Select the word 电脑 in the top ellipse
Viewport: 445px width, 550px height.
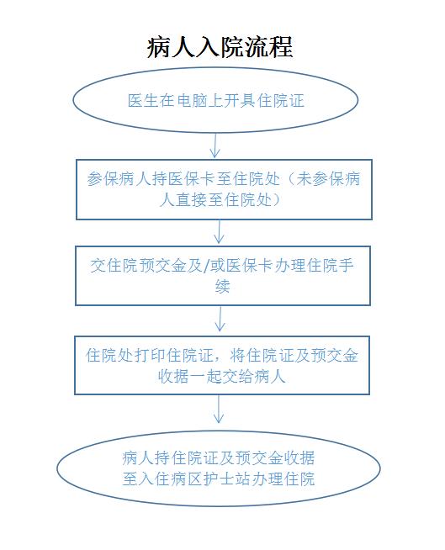[192, 101]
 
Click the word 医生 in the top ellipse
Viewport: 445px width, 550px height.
[143, 101]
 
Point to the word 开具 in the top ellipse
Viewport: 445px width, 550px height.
[240, 101]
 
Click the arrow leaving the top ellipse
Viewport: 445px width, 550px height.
[215, 145]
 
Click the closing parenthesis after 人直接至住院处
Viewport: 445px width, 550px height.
[277, 200]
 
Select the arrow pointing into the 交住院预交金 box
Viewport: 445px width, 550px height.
[219, 232]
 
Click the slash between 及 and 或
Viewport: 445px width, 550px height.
[206, 266]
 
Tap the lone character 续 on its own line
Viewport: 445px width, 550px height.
[222, 287]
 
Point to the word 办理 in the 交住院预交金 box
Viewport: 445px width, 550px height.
[289, 266]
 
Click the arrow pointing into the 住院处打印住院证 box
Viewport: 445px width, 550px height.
[220, 320]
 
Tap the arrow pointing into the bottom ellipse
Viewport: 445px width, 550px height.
[219, 409]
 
